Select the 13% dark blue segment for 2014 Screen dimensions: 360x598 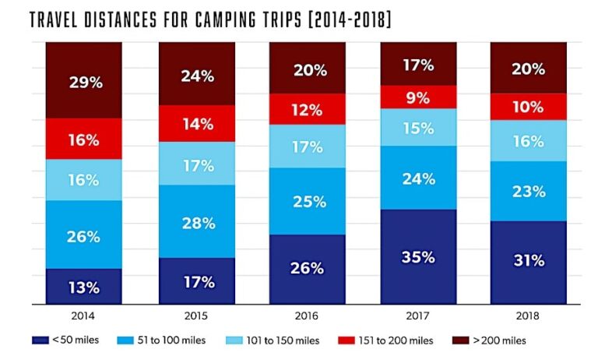83,287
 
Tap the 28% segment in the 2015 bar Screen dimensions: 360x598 197,222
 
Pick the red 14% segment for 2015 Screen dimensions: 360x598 197,123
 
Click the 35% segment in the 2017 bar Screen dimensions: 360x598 418,256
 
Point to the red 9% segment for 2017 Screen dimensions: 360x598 418,97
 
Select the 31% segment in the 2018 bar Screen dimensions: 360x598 529,262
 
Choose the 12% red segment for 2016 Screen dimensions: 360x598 308,109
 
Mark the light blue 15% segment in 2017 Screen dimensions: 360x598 418,127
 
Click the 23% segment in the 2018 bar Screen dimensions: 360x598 529,191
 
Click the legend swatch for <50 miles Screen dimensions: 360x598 41,341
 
